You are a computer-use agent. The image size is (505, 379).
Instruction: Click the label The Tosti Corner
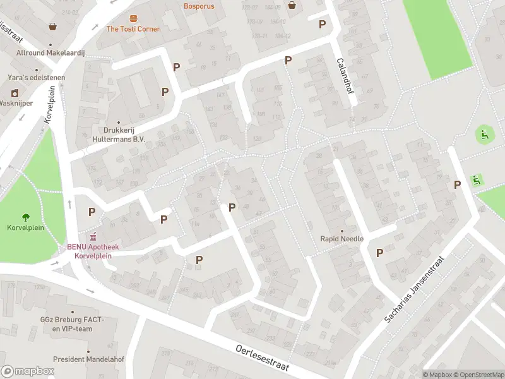click(x=133, y=29)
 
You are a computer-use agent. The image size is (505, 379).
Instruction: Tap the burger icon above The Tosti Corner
click(x=133, y=18)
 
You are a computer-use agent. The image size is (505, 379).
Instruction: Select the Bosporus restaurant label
click(x=199, y=6)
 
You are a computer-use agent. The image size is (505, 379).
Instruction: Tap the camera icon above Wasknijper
click(x=15, y=93)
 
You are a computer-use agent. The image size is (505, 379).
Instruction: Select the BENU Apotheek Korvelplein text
click(x=93, y=251)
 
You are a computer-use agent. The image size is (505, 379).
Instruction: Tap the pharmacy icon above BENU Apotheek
click(x=93, y=237)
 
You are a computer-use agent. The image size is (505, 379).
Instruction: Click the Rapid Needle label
click(x=342, y=239)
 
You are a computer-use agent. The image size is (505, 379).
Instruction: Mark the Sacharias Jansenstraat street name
click(x=415, y=291)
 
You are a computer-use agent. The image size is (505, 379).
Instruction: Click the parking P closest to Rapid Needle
click(x=379, y=253)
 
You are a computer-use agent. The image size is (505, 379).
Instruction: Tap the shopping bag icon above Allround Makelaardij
click(x=52, y=27)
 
